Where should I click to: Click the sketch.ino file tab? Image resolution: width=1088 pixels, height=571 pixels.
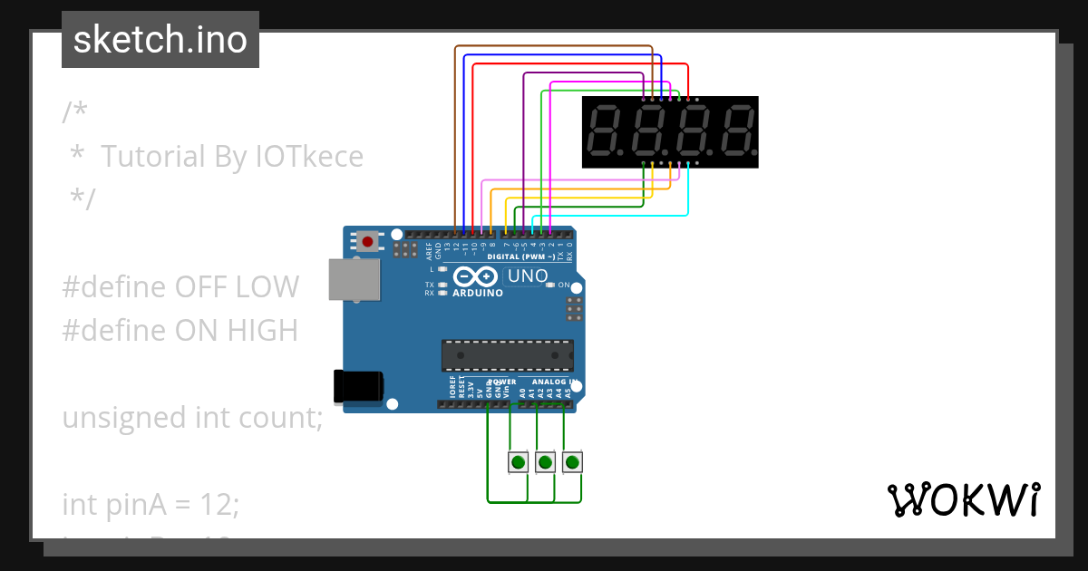coord(160,40)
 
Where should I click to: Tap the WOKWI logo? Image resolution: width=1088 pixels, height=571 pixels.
coord(962,499)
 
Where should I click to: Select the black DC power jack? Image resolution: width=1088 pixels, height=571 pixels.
coord(357,385)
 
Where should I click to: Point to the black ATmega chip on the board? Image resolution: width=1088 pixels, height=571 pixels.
coord(507,355)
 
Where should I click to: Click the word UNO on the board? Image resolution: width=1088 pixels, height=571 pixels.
coord(527,276)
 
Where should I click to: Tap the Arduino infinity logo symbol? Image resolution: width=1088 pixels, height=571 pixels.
coord(476,276)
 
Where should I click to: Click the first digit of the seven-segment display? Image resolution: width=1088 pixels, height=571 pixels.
coord(605,131)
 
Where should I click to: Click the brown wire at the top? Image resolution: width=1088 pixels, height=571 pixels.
coord(553,46)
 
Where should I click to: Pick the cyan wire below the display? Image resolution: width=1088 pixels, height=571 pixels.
coord(617,216)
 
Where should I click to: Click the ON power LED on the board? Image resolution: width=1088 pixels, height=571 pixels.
coord(550,285)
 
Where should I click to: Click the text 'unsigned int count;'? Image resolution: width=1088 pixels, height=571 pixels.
coord(192,418)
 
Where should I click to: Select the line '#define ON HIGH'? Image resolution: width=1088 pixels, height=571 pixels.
coord(180,331)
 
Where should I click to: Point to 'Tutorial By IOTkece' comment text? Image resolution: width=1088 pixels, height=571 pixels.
coord(232,157)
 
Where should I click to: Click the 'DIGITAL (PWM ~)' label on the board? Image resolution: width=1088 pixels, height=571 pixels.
coord(521,256)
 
